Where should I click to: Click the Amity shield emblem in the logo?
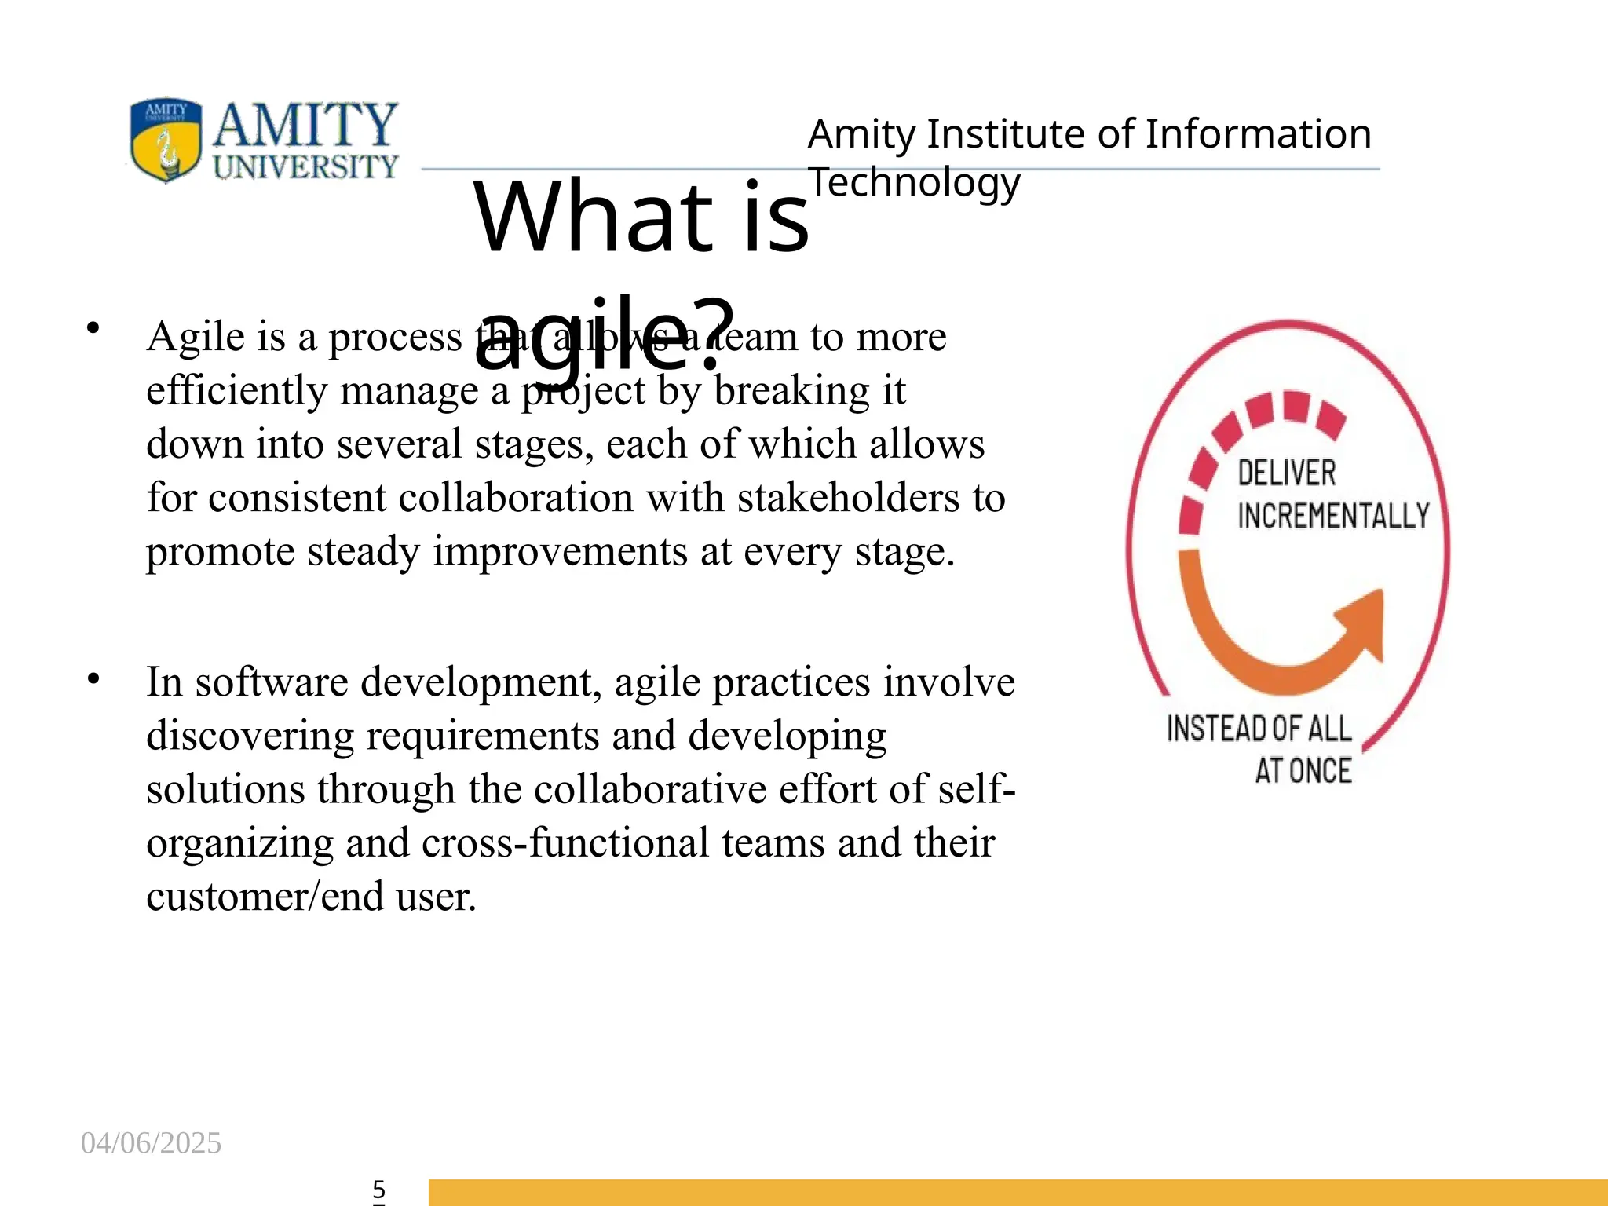166,140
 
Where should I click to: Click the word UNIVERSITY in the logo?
305,166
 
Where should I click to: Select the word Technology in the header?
915,183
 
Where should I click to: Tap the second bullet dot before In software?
93,678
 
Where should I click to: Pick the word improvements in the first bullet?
561,551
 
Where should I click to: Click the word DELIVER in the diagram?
1286,473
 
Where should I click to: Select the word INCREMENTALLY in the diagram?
1333,516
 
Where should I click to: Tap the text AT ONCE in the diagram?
1303,771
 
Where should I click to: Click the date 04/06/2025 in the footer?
151,1143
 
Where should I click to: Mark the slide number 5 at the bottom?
378,1189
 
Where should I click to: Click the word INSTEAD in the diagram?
1215,729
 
